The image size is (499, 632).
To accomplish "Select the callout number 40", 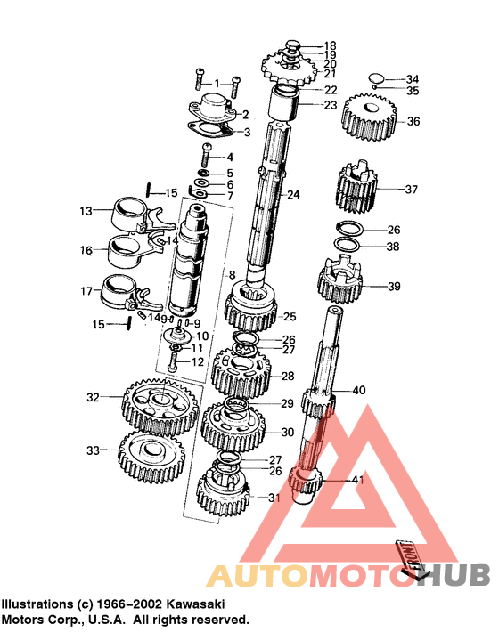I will click(x=358, y=390).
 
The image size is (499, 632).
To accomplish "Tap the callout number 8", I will click(x=232, y=275).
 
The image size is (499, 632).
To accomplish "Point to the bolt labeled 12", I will click(x=174, y=362).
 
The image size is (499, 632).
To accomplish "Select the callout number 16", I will click(x=86, y=251).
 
